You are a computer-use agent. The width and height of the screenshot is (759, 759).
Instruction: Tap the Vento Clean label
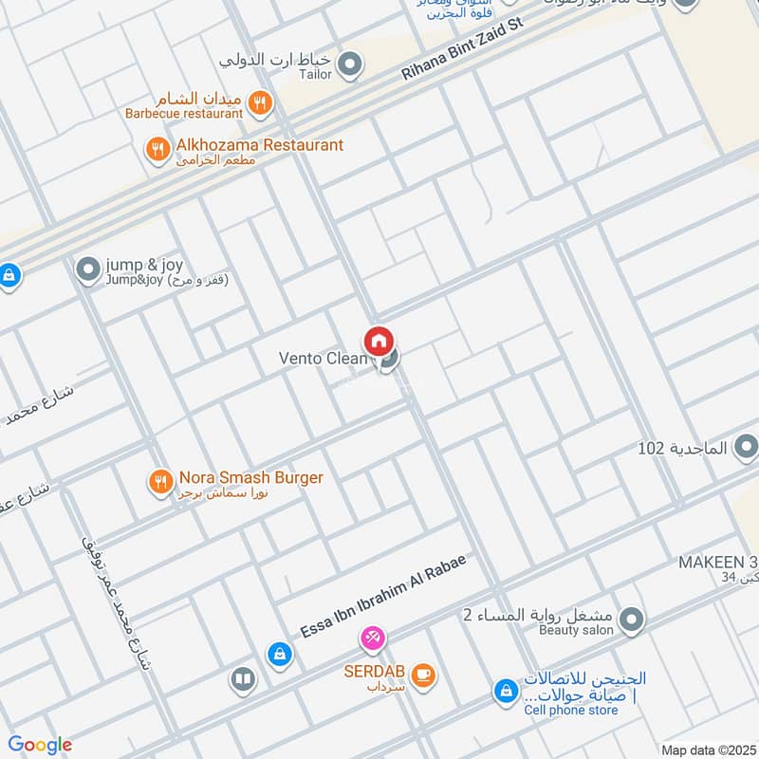323,359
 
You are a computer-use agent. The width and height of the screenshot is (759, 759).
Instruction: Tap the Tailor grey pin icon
351,65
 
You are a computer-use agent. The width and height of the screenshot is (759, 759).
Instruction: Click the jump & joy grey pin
88,270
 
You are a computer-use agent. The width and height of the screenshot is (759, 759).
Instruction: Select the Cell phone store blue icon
506,693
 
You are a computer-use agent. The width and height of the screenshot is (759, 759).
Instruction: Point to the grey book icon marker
243,679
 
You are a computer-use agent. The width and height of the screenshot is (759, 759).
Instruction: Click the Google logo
40,745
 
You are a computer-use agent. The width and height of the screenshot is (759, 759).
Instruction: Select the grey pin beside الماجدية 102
746,446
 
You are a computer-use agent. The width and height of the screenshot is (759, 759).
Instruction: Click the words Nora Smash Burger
250,477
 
